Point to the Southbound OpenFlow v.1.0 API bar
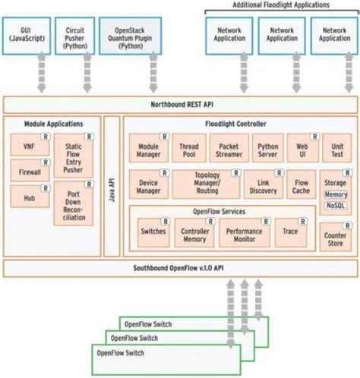[179, 267]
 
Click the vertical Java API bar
[112, 186]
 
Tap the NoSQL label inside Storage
[335, 205]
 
